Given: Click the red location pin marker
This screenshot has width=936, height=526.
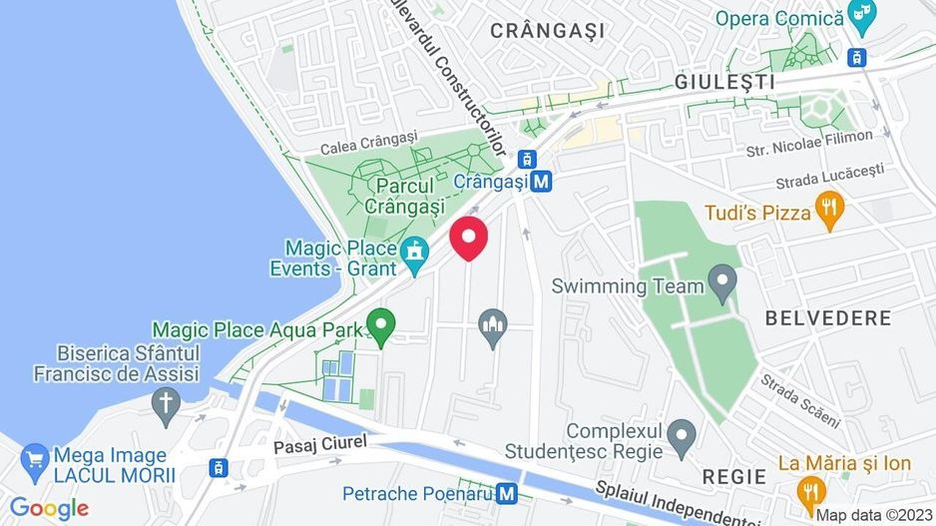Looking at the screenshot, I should pos(469,240).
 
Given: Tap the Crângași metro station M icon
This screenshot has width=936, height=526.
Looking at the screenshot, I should pos(541,182).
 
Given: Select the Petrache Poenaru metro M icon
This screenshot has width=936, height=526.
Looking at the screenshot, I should pos(507,493).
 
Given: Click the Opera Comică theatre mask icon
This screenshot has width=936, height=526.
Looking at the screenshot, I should pos(858,17).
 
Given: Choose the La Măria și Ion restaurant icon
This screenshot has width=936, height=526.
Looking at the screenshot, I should pos(810,491).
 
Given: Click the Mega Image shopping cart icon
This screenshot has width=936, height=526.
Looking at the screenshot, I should pos(35,459).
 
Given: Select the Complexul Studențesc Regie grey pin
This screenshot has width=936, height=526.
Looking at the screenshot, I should pos(682,434).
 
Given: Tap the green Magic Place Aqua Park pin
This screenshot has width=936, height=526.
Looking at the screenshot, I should pos(379,324).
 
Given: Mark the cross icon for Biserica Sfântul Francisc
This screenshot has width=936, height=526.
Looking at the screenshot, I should pos(166,403).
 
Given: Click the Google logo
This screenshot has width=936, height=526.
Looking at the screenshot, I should pos(50,509).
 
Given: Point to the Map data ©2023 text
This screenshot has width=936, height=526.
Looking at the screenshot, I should pos(871,515).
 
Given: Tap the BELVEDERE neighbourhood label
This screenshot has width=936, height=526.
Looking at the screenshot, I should pos(826,318).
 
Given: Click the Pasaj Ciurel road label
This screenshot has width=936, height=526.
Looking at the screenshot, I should pos(321,440).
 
